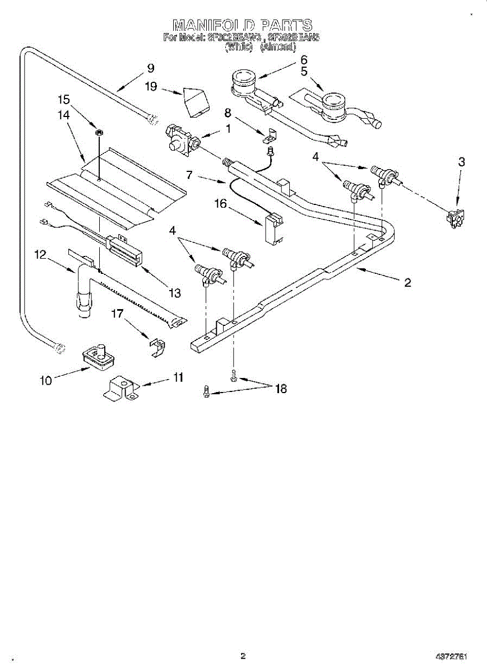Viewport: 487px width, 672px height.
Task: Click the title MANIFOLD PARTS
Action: point(242,25)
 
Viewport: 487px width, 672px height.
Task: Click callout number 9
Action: point(150,68)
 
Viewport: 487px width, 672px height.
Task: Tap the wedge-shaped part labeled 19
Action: point(195,101)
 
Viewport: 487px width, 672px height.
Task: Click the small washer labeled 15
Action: point(99,132)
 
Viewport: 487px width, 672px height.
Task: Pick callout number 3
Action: point(461,162)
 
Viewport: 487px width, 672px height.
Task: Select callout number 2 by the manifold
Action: point(407,282)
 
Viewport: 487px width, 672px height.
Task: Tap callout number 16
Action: point(221,204)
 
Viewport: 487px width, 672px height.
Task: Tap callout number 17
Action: point(117,314)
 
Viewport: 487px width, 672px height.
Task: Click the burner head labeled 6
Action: point(242,80)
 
